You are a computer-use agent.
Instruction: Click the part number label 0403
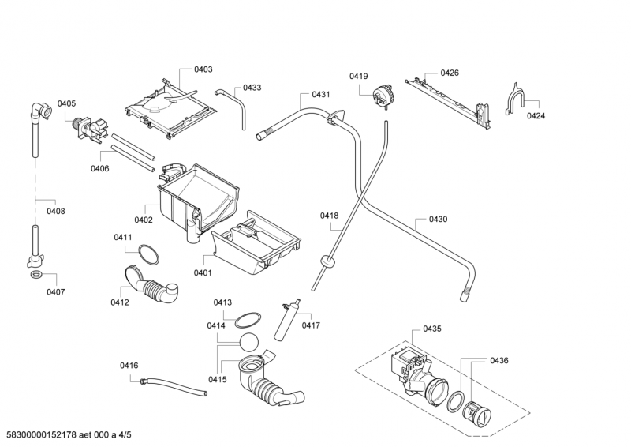(203, 69)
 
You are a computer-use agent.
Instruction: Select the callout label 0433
(252, 88)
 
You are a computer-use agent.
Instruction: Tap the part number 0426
(450, 73)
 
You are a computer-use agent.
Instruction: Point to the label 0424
(536, 116)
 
